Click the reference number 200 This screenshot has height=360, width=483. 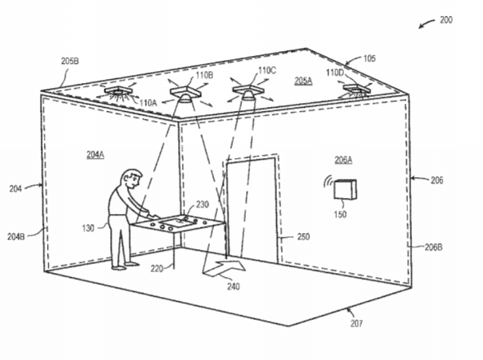pos(446,20)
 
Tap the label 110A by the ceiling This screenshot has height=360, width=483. pos(148,102)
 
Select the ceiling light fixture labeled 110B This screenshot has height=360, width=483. pos(185,93)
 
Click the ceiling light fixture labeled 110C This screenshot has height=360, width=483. pos(248,92)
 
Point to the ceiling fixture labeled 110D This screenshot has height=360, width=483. pos(356,90)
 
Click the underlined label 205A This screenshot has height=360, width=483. pos(303,81)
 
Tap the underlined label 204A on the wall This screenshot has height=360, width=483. pos(95,155)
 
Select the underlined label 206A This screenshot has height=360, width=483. pos(343,160)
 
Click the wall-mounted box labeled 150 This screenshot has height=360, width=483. pos(346,189)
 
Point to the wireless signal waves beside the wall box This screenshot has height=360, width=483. pos(327,181)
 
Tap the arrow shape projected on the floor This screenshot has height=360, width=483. pos(224,267)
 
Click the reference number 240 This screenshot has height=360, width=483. pos(233,287)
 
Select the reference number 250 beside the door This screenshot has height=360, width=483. pos(303,236)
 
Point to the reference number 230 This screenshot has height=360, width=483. pos(202,204)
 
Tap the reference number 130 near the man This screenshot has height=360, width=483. pos(88,228)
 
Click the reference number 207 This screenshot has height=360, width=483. pos(356,323)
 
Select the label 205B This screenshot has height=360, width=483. pos(69,61)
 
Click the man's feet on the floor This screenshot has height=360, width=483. pos(125,267)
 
